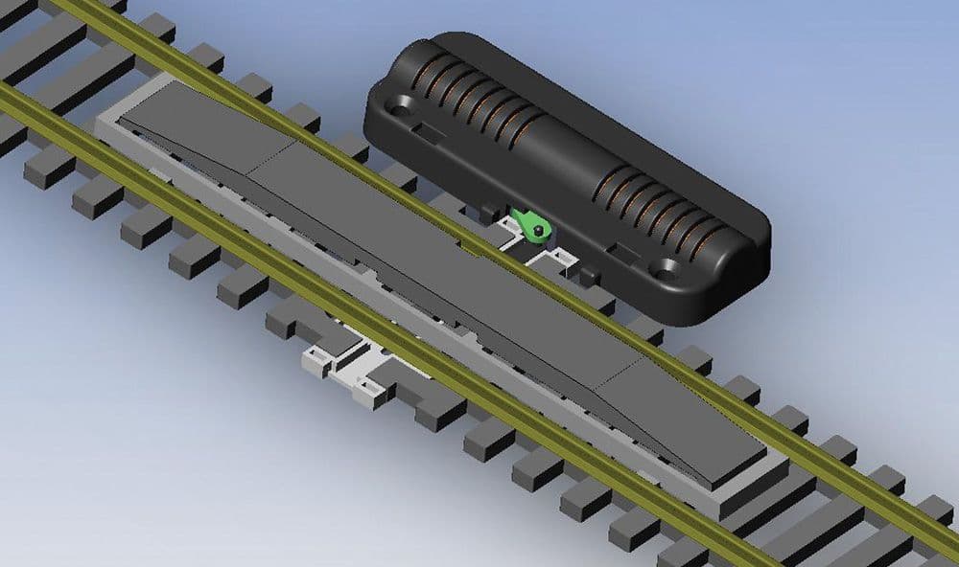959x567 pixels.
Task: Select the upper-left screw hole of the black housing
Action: [403, 102]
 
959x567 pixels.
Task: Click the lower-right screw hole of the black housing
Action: [663, 270]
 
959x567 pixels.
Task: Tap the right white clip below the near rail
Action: [370, 389]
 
